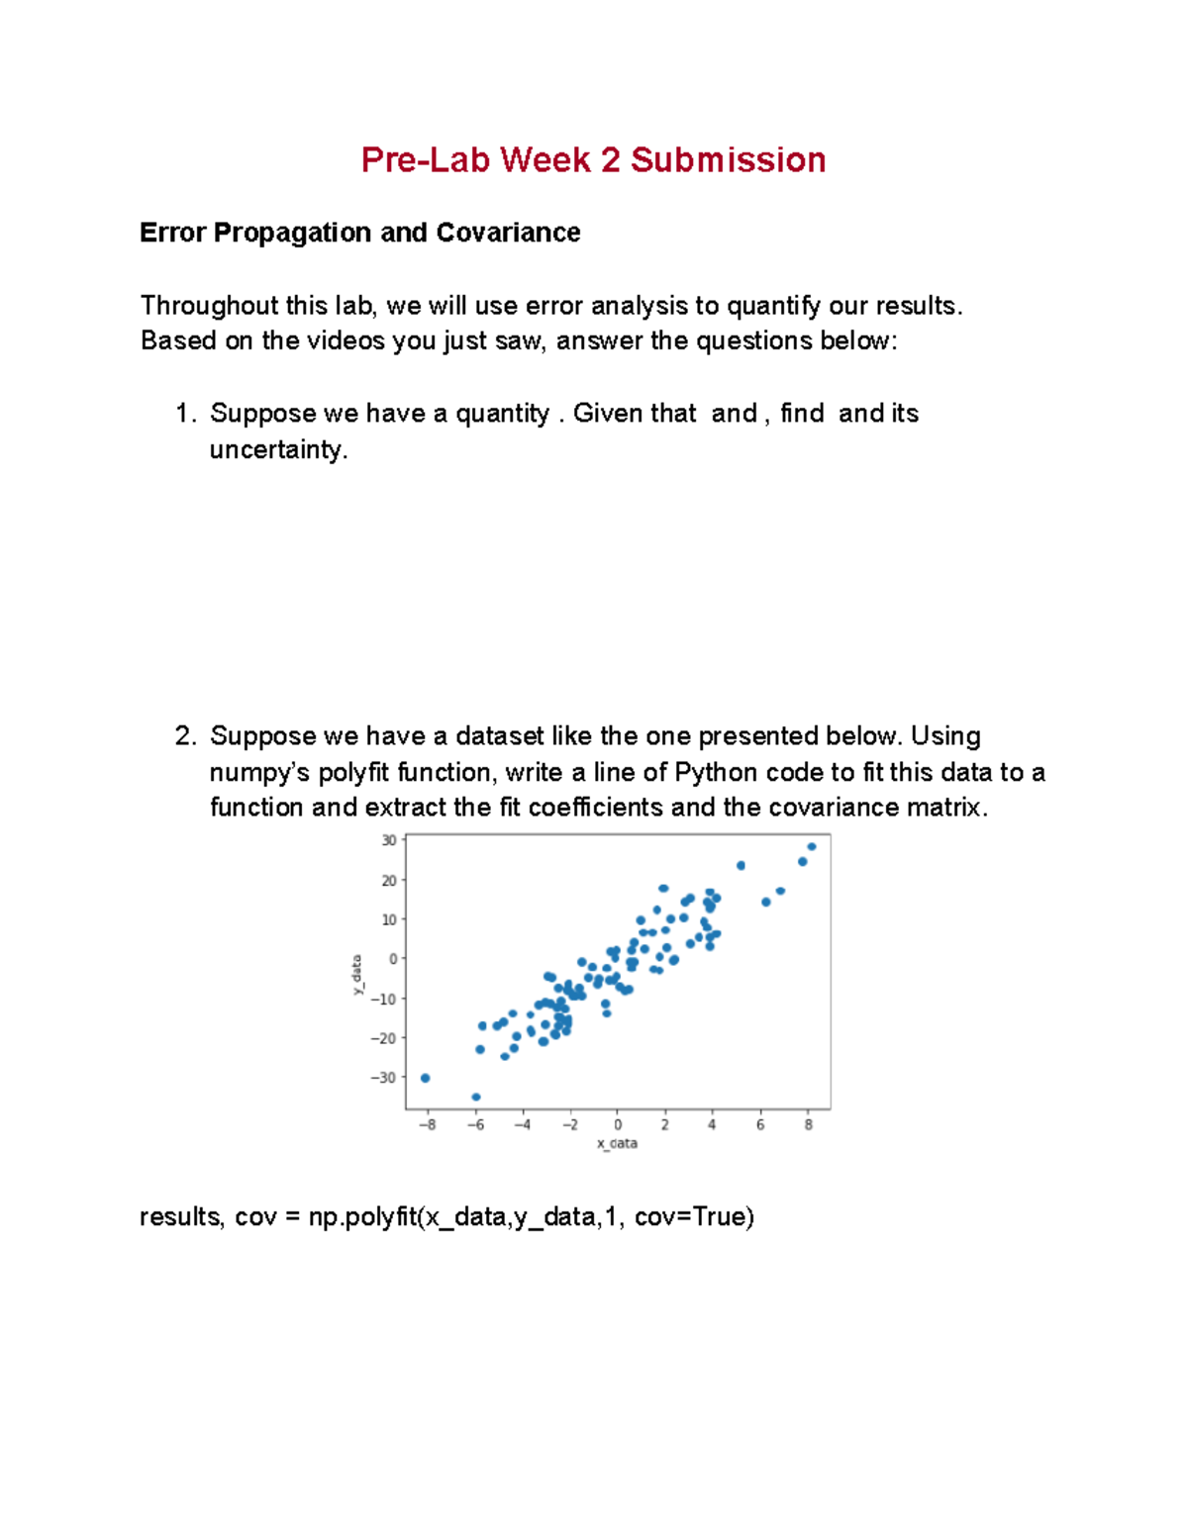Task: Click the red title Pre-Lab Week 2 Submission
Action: (593, 160)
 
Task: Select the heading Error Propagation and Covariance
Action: (359, 233)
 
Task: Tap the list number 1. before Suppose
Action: (186, 414)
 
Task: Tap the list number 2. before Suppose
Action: (186, 736)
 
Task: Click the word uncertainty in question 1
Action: (277, 450)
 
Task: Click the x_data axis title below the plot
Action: (617, 1143)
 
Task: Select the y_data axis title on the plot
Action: (356, 975)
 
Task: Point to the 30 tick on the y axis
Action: (389, 840)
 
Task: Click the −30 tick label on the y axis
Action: (383, 1078)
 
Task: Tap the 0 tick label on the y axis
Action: (393, 959)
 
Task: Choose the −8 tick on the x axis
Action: (427, 1125)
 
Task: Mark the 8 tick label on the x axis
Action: (809, 1125)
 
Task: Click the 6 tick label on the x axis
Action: (760, 1125)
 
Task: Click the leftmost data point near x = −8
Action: (426, 1078)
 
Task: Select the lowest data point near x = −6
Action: (476, 1097)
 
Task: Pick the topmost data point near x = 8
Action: (812, 846)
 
